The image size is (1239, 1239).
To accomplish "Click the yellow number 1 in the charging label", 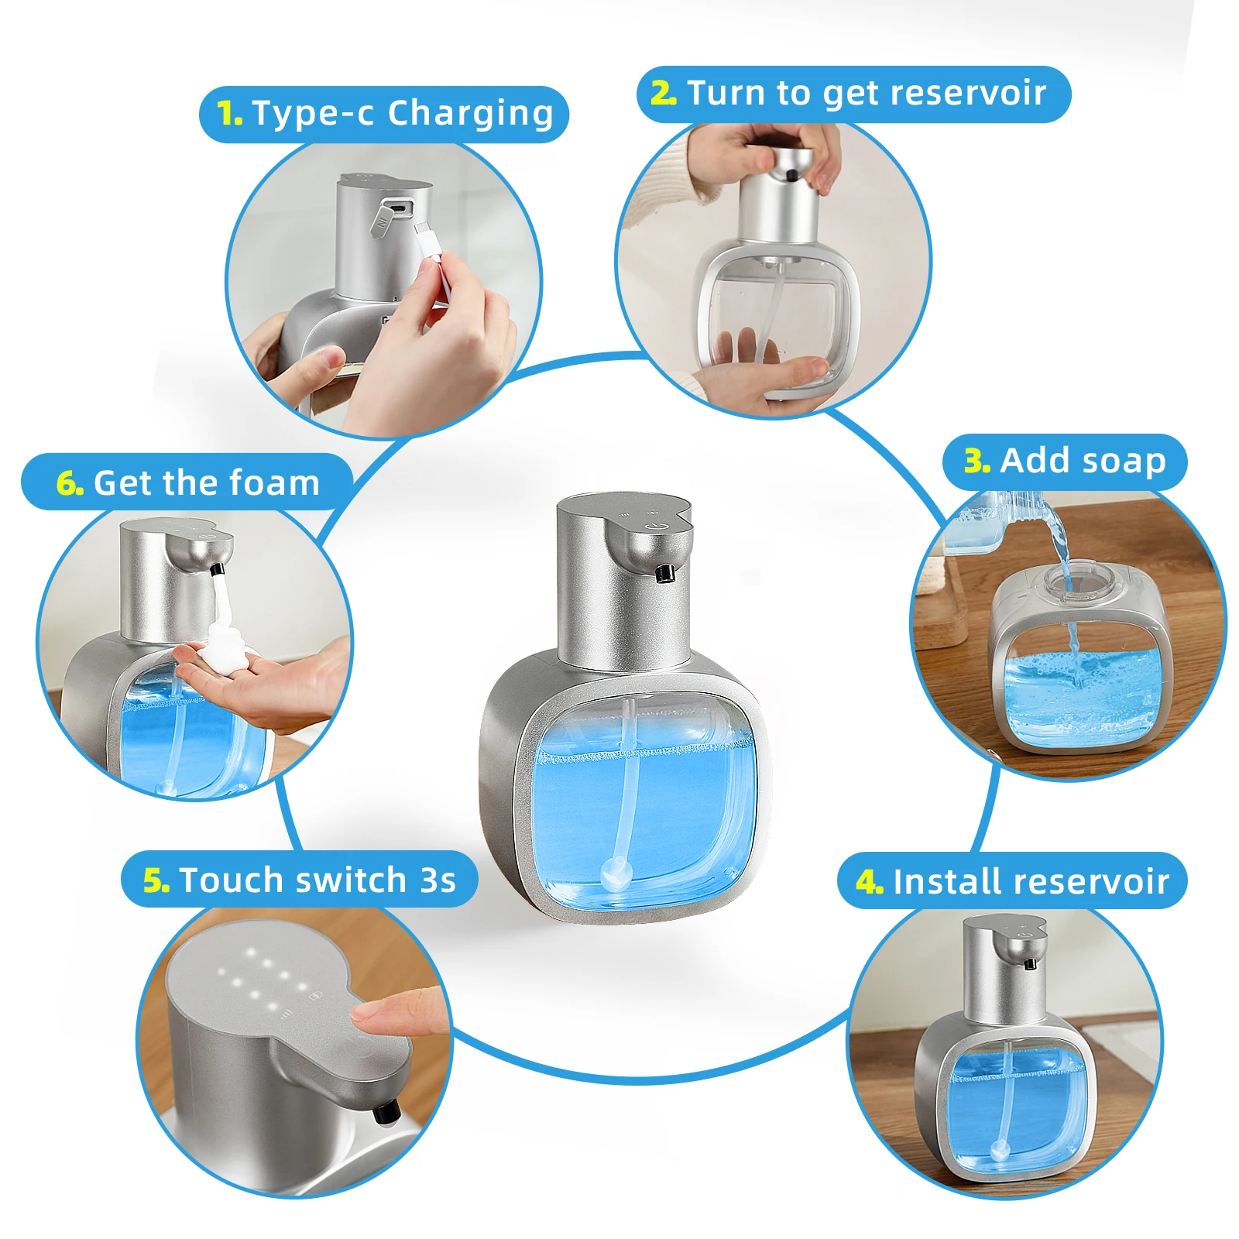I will pyautogui.click(x=230, y=114).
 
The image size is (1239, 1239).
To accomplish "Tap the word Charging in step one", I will pyautogui.click(x=471, y=113).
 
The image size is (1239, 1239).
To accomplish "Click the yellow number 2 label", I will pyautogui.click(x=664, y=93).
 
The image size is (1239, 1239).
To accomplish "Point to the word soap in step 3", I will pyautogui.click(x=1123, y=461).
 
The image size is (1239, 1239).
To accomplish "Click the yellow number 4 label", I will pyautogui.click(x=869, y=882).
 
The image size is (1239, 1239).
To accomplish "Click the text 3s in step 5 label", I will pyautogui.click(x=438, y=880).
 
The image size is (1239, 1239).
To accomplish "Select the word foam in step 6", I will pyautogui.click(x=280, y=483).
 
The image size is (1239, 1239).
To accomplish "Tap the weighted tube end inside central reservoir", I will pyautogui.click(x=616, y=875).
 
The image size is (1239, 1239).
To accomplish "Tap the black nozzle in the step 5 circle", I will pyautogui.click(x=385, y=1114).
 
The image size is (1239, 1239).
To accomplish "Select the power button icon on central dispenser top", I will pyautogui.click(x=657, y=524).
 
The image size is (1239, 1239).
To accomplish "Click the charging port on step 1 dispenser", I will pyautogui.click(x=398, y=208).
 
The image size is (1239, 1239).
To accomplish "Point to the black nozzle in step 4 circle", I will pyautogui.click(x=1030, y=964).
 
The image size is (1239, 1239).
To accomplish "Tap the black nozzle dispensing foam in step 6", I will pyautogui.click(x=217, y=571).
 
